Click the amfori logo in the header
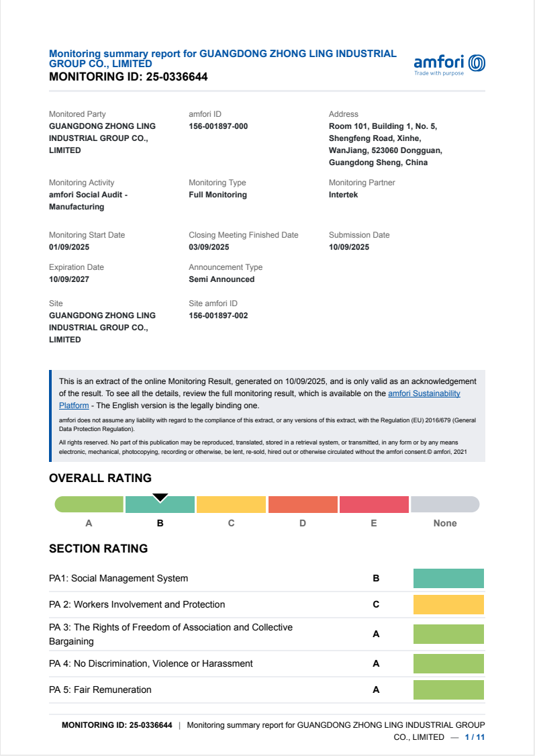point(449,64)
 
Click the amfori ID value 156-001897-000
point(218,126)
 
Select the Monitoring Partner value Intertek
point(343,195)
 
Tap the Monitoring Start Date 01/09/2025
point(69,247)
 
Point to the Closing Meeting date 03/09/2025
point(209,247)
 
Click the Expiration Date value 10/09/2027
point(69,279)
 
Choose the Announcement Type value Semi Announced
point(222,279)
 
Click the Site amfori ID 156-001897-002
point(218,316)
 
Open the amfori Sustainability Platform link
point(424,393)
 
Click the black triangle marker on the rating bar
point(160,498)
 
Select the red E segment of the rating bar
point(374,504)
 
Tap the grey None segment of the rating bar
point(444,504)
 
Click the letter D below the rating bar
point(303,523)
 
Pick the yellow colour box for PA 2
point(448,604)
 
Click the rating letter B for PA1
point(376,578)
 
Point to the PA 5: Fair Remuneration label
point(100,690)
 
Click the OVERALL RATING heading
point(100,478)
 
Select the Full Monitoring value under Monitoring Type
point(217,195)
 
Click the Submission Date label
point(358,235)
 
